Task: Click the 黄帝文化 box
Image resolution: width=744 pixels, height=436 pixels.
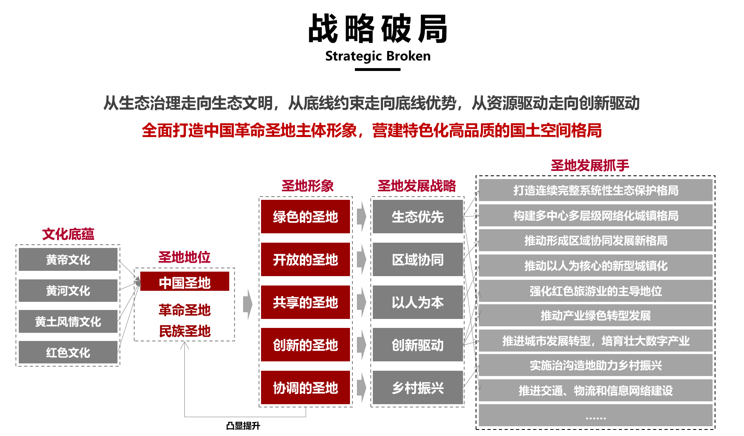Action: [x=68, y=259]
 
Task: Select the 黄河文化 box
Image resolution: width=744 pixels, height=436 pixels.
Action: [x=68, y=290]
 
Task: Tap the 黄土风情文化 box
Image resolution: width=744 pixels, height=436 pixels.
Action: [x=68, y=321]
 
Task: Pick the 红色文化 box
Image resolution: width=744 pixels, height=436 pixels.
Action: [x=68, y=352]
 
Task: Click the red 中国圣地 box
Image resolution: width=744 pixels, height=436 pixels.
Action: [x=184, y=282]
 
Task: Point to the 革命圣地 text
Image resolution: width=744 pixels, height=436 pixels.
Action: [x=184, y=310]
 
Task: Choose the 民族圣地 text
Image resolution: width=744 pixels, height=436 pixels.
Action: [x=184, y=331]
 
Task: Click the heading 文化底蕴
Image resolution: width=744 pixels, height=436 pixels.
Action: [x=68, y=234]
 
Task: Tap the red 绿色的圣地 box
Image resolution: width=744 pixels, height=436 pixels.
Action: [x=305, y=217]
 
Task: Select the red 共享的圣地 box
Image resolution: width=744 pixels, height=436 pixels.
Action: [x=305, y=302]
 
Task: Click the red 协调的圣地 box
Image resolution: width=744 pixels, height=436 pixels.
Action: [x=305, y=387]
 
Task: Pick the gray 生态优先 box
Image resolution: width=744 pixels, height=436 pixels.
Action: [x=418, y=217]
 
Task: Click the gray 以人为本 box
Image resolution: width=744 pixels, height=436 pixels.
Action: [x=418, y=302]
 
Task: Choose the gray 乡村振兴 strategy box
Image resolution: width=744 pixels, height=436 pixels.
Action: [x=418, y=387]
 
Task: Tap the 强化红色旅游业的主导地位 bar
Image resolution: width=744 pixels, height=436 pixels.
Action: [x=596, y=291]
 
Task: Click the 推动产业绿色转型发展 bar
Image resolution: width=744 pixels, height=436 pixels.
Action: [x=596, y=315]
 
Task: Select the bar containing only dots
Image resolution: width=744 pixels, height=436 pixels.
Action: [x=596, y=416]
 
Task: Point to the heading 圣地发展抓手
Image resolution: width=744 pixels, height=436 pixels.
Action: [x=590, y=165]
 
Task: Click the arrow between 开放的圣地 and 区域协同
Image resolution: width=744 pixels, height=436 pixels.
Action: [x=361, y=259]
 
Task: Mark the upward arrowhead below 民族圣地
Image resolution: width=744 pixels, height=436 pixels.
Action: [x=185, y=345]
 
